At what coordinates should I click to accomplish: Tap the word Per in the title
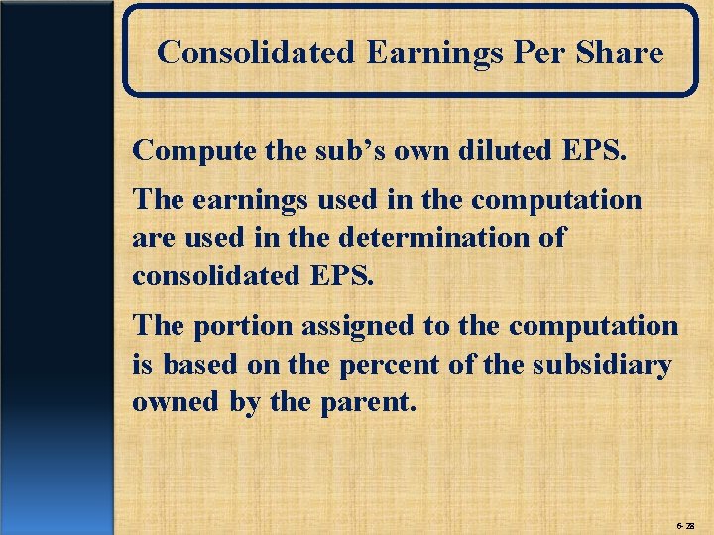532,53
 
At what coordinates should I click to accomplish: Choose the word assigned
350,327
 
